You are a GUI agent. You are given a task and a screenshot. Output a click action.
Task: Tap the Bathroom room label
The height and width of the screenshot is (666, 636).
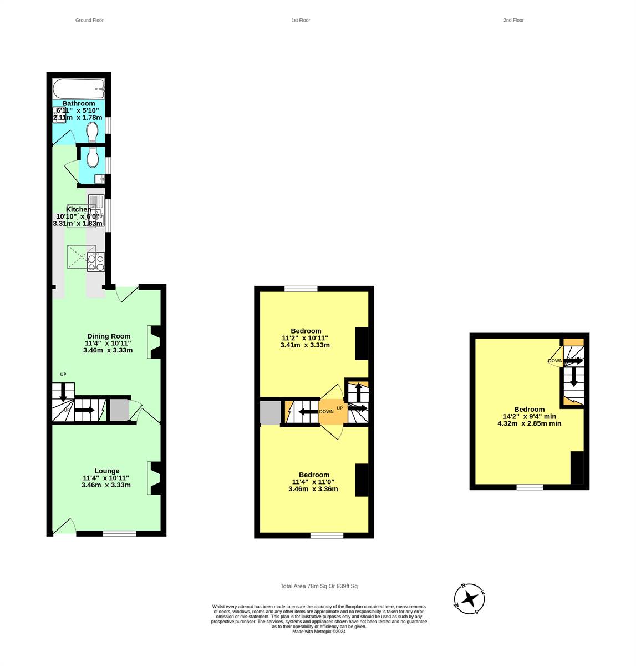[x=78, y=104]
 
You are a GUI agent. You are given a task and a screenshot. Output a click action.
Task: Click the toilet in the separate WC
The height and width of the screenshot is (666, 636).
[x=93, y=158]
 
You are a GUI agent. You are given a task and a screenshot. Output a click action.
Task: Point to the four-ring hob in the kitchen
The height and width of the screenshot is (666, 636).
[x=96, y=262]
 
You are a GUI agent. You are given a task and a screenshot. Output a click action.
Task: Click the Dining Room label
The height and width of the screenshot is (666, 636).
[x=109, y=336]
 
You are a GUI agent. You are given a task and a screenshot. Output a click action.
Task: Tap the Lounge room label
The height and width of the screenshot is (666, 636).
[x=106, y=471]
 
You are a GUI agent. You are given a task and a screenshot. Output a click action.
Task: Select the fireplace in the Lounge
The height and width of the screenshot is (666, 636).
[x=155, y=478]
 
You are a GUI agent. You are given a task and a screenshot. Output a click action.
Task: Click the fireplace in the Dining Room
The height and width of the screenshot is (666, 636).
[x=155, y=342]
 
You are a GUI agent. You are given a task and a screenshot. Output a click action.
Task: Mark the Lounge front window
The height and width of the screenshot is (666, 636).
[x=120, y=533]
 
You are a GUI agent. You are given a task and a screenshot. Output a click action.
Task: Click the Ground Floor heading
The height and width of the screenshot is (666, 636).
[x=89, y=20]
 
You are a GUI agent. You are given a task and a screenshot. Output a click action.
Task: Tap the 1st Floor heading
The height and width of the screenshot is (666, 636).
[x=301, y=20]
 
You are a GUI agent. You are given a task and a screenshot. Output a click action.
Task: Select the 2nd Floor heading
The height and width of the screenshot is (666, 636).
[x=513, y=20]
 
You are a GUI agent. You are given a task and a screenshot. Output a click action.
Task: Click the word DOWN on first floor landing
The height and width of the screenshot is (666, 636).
[x=327, y=412]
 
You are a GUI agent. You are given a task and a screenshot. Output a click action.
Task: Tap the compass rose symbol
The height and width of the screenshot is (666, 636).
[x=470, y=599]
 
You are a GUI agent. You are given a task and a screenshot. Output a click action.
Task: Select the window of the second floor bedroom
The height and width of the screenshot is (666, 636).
[x=530, y=487]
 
